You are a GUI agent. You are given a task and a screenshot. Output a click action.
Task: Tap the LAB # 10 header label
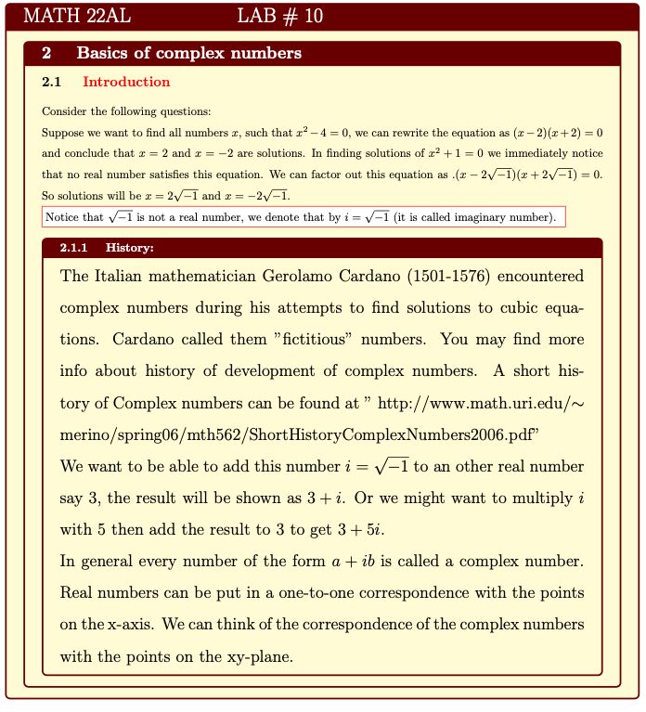[280, 16]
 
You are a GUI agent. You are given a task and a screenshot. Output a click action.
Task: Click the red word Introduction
[126, 82]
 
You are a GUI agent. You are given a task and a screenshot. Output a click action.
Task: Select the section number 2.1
[53, 82]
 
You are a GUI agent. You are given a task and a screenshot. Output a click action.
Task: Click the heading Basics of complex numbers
[188, 54]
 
